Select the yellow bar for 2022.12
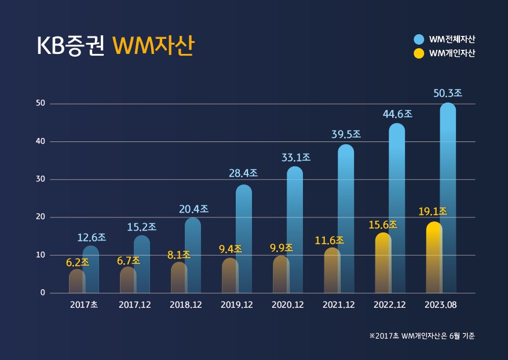(382, 264)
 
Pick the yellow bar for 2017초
(76, 281)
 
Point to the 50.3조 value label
(448, 93)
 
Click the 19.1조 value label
(433, 211)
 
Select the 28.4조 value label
(243, 173)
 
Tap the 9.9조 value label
(281, 248)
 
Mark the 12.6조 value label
(92, 238)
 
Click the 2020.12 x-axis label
(287, 305)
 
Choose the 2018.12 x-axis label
(185, 305)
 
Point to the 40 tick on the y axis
(40, 141)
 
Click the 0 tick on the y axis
(42, 293)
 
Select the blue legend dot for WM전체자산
(419, 39)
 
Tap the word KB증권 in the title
(70, 46)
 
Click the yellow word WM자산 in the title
(152, 46)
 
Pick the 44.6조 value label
(397, 114)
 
